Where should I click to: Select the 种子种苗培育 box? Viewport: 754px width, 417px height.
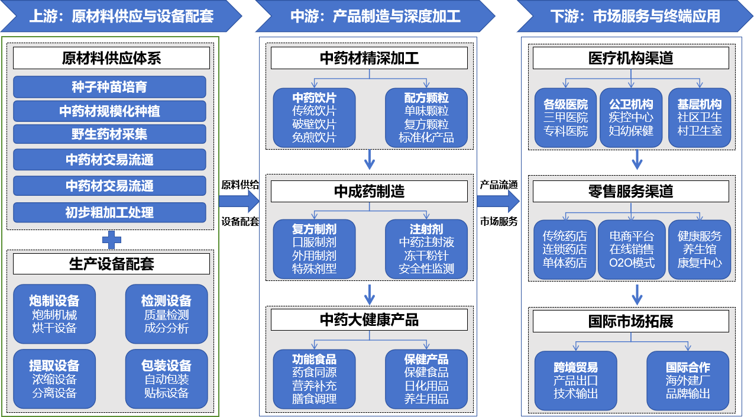[x=109, y=87]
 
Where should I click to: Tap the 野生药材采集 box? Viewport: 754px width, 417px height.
[x=109, y=135]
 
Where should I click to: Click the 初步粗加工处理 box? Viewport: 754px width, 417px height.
[x=109, y=212]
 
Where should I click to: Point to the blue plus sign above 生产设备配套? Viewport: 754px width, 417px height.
[x=111, y=240]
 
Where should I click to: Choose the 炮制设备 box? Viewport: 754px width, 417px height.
[x=54, y=314]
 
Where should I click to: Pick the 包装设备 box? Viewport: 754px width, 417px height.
[x=166, y=379]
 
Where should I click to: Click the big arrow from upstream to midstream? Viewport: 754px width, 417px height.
[x=239, y=201]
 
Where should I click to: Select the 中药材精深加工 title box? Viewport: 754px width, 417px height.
[x=369, y=58]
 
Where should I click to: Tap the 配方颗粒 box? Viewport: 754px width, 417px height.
[x=426, y=118]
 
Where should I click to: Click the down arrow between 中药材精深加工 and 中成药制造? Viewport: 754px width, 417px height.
[x=370, y=159]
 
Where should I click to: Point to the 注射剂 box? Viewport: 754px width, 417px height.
[x=426, y=249]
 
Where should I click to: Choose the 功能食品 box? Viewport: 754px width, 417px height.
[x=314, y=379]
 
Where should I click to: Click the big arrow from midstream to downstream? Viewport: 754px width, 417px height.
[x=498, y=201]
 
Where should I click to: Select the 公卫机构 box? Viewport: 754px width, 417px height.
[x=631, y=118]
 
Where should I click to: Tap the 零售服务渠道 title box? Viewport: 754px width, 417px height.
[x=630, y=192]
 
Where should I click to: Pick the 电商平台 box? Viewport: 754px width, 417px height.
[x=632, y=249]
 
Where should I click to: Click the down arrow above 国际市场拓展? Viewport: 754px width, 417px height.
[x=637, y=293]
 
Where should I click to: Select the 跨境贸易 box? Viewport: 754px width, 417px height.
[x=575, y=380]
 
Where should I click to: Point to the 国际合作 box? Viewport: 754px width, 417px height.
[x=688, y=380]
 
